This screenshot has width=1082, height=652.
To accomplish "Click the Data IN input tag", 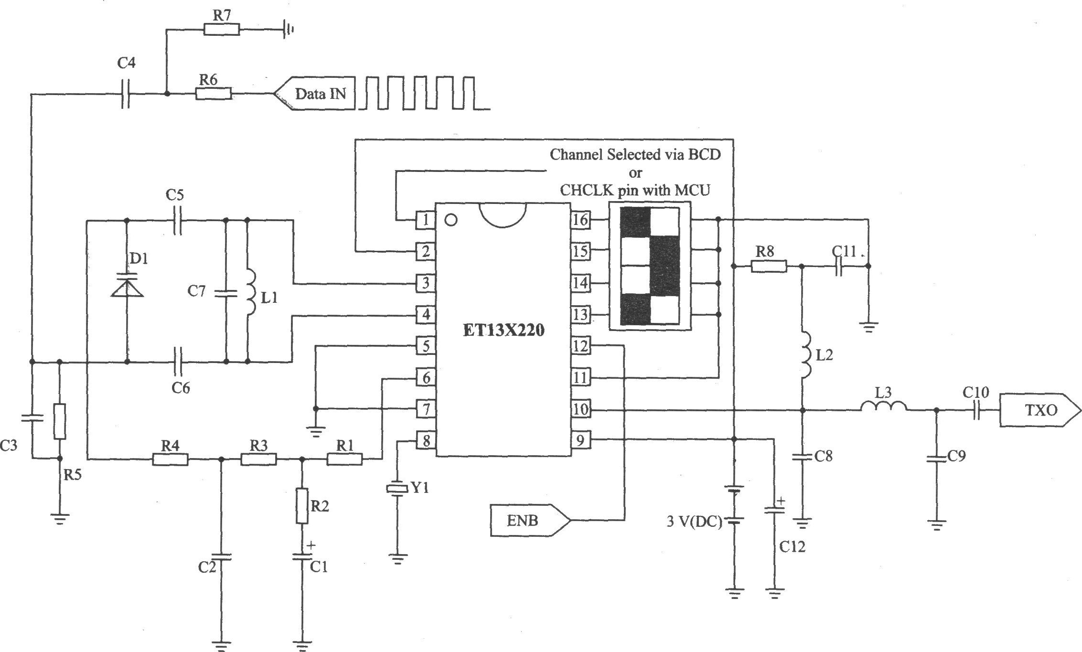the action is (x=314, y=93).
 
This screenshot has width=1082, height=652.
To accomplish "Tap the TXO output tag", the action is (x=1040, y=410).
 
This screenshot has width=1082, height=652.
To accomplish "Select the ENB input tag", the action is (x=530, y=520).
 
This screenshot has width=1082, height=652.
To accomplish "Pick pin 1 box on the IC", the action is (x=425, y=220).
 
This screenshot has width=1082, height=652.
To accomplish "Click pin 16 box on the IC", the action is (x=580, y=220).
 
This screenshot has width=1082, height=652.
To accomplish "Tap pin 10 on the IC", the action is (x=580, y=409).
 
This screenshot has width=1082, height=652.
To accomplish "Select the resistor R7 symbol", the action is (x=222, y=30).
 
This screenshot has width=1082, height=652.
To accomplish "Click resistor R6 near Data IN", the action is (x=214, y=93).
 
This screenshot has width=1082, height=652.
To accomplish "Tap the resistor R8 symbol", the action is (x=769, y=267).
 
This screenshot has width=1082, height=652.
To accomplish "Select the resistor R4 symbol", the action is (x=170, y=460).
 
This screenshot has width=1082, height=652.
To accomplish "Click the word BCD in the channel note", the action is (x=705, y=154).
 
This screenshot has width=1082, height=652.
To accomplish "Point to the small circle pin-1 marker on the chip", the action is (x=450, y=220).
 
